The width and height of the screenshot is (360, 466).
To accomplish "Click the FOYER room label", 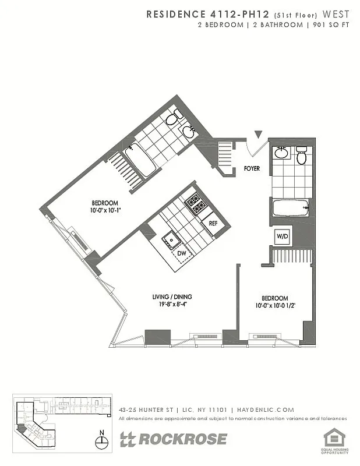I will tap(252, 169).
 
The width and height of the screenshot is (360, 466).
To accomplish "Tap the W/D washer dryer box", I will tap(283, 236).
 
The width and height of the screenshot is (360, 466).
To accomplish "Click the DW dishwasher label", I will tap(181, 253).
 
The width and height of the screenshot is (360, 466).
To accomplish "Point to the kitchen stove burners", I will tap(196, 204).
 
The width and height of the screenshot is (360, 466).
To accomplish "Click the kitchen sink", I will tap(171, 238).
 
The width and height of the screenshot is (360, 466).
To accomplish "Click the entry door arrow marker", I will tap(259, 136).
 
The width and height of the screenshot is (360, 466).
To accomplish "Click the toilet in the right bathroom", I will tap(301, 156).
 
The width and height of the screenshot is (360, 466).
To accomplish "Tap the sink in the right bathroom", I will tap(281, 153).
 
